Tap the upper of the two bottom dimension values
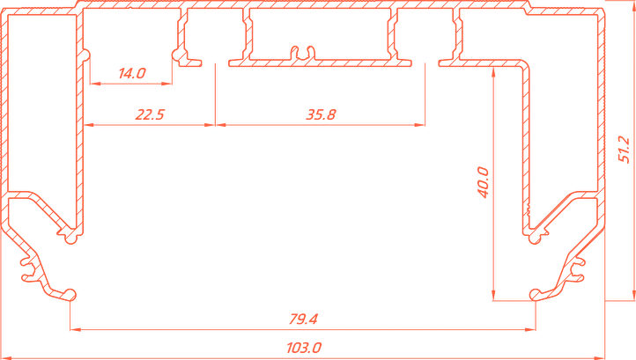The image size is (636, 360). point(305,318)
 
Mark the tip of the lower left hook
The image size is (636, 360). point(69,293)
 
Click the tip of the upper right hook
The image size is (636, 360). point(532,235)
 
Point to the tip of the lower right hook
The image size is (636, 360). point(534,293)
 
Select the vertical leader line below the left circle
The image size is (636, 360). point(216,92)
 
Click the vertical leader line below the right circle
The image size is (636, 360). point(429,92)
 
